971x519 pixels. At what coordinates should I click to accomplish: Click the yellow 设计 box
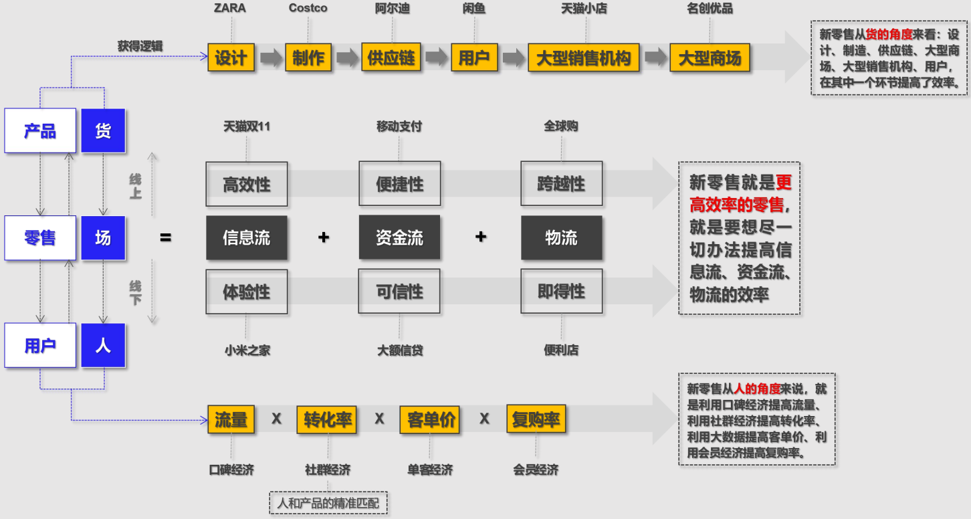click(231, 58)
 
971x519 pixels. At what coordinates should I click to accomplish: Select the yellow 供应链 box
click(391, 58)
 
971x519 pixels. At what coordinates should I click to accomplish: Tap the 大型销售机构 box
click(583, 58)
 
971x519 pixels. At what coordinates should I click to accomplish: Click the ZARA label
click(230, 8)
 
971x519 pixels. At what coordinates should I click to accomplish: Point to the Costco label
click(308, 8)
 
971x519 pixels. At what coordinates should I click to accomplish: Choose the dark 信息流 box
click(246, 237)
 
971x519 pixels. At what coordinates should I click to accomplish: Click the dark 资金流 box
click(399, 237)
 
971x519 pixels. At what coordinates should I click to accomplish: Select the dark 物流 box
click(561, 237)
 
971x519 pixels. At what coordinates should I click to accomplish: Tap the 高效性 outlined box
click(246, 184)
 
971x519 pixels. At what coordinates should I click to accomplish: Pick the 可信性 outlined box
click(399, 292)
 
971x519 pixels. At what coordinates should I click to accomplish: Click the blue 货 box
click(103, 130)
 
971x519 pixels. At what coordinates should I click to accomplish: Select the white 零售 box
click(40, 237)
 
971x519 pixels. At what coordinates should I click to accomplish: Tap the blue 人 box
click(103, 346)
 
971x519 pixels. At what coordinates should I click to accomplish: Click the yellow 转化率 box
click(326, 420)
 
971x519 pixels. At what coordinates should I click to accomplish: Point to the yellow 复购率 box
click(536, 419)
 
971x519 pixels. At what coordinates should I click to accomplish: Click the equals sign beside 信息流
click(166, 237)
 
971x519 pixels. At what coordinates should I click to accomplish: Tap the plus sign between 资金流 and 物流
click(481, 237)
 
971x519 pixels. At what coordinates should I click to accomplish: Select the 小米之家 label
click(247, 350)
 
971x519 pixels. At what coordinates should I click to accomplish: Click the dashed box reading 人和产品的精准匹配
click(328, 503)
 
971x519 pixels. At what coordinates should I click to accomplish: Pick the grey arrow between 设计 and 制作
click(271, 58)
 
